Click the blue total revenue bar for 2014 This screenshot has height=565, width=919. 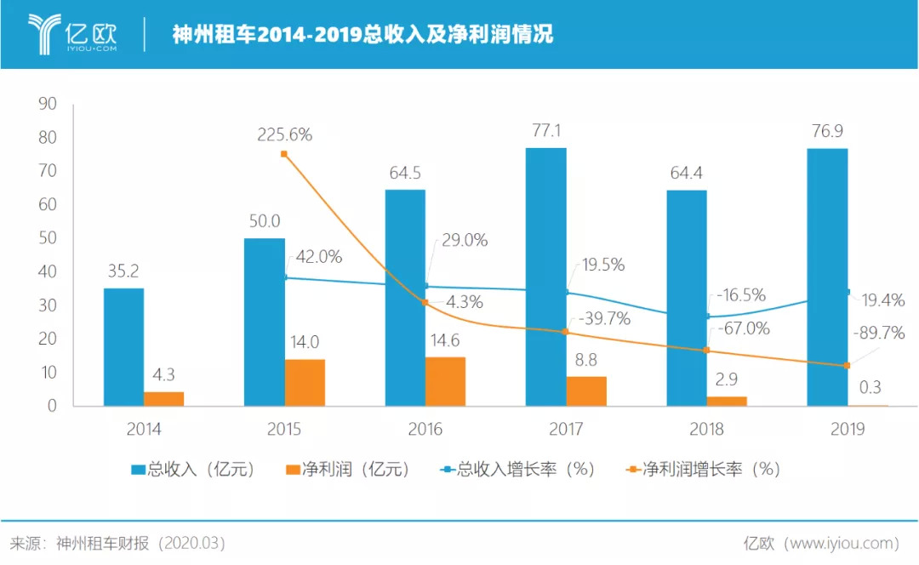123,347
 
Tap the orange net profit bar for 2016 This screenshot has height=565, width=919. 445,381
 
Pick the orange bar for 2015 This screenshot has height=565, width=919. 305,382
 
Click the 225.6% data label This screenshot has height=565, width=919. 285,134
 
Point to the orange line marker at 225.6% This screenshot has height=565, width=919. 284,154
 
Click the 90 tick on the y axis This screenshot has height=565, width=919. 47,104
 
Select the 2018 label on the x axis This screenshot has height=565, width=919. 706,429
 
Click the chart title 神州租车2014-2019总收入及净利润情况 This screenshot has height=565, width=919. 362,35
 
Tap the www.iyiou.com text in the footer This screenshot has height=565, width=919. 842,542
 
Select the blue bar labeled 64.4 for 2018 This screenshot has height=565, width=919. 686,298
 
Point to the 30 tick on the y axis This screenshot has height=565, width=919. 47,305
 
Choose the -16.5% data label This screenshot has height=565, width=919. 740,295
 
